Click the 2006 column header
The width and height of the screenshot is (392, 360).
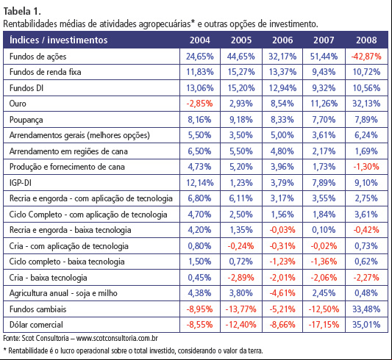(x=282, y=40)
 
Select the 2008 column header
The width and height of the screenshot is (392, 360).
(x=366, y=40)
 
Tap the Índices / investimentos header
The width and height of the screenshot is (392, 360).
(x=59, y=40)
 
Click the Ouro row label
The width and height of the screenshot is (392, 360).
(x=18, y=104)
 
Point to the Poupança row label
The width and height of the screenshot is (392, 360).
(x=26, y=120)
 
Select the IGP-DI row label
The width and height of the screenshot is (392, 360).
(x=21, y=183)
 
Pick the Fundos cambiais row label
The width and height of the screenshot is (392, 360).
(x=38, y=309)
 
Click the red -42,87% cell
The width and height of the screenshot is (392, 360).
(x=366, y=57)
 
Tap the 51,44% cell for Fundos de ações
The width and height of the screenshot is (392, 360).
(x=324, y=57)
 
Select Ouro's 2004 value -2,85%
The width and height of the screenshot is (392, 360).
(x=199, y=104)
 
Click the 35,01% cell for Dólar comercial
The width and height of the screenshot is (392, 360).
(x=366, y=325)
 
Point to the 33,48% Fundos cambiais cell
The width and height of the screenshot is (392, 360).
(x=366, y=309)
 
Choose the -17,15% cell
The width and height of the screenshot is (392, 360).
(x=324, y=325)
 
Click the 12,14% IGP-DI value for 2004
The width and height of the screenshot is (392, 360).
(x=200, y=183)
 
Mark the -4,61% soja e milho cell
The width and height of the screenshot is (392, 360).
(x=282, y=293)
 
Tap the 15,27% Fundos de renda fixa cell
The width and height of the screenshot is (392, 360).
(x=241, y=72)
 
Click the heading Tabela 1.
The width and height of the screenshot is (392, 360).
(x=22, y=11)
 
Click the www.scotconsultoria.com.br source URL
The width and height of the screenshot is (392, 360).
(x=117, y=338)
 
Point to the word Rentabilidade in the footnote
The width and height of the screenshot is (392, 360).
(x=28, y=350)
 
